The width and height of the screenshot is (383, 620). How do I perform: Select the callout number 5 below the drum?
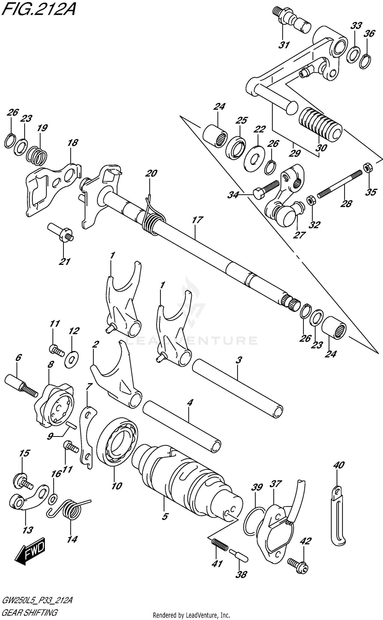click(165, 517)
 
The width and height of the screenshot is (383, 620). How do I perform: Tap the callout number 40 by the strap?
click(339, 465)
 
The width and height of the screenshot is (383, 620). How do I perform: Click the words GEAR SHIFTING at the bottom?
click(29, 612)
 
